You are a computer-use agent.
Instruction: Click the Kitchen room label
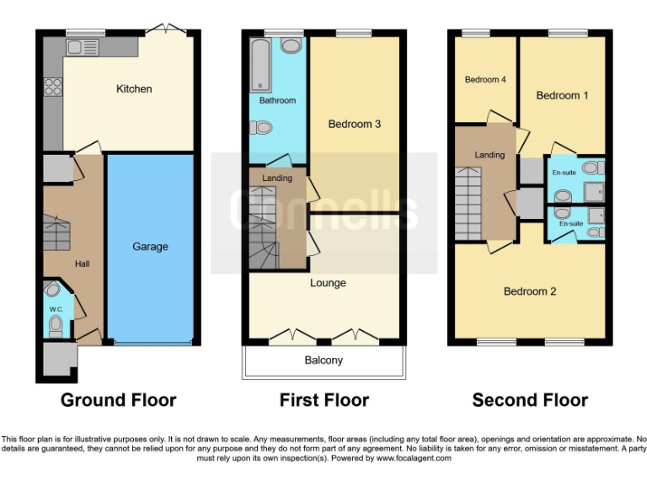pyautogui.click(x=134, y=88)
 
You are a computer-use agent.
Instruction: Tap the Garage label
pyautogui.click(x=150, y=247)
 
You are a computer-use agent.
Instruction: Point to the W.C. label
pyautogui.click(x=56, y=310)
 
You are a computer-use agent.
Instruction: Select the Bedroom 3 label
pyautogui.click(x=355, y=124)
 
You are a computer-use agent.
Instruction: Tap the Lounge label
pyautogui.click(x=328, y=283)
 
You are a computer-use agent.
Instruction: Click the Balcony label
pyautogui.click(x=323, y=360)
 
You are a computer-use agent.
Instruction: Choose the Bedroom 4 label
pyautogui.click(x=485, y=80)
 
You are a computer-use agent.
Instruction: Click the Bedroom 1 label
pyautogui.click(x=563, y=95)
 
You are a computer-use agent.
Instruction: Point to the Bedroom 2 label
pyautogui.click(x=530, y=291)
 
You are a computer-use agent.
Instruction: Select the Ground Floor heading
pyautogui.click(x=118, y=400)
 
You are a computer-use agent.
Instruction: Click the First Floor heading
pyautogui.click(x=324, y=400)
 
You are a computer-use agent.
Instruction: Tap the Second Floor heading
pyautogui.click(x=530, y=400)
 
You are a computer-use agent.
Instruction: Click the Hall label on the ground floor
pyautogui.click(x=82, y=264)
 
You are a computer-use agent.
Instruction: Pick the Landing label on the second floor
pyautogui.click(x=489, y=155)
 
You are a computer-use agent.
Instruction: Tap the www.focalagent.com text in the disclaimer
pyautogui.click(x=414, y=459)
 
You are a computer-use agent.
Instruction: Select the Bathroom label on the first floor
pyautogui.click(x=277, y=100)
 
